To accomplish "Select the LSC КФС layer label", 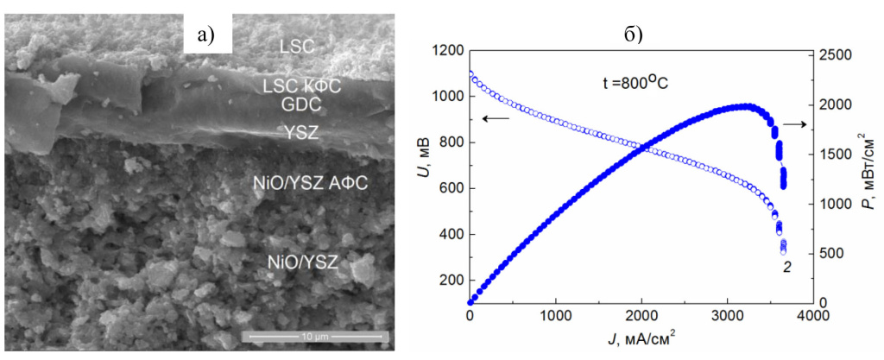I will click(302, 86).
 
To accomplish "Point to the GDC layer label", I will click(301, 105).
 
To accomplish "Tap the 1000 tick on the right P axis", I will click(833, 205).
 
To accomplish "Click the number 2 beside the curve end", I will click(786, 268).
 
